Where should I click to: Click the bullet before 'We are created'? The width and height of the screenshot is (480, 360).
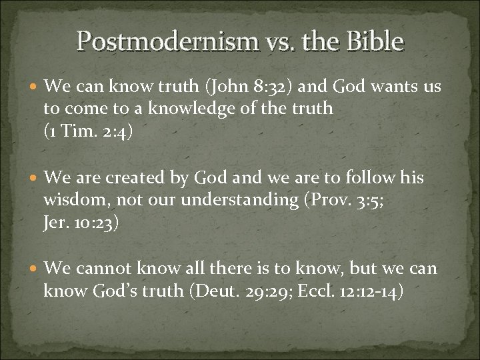[33, 179]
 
